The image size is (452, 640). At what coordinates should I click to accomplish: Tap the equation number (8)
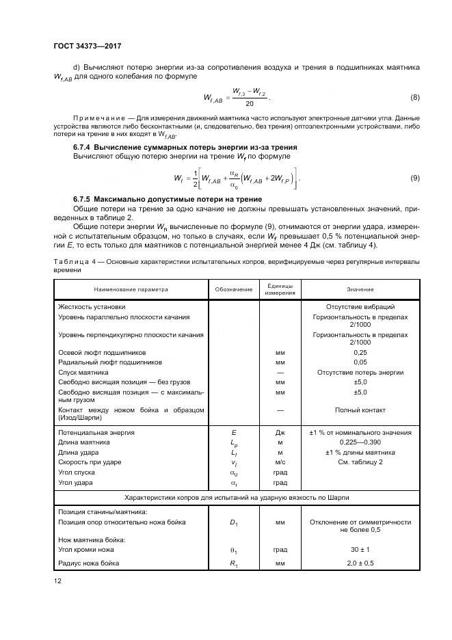tap(414, 97)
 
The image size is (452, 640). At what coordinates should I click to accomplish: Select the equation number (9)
tap(414, 178)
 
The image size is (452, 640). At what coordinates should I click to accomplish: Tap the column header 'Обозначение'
tap(234, 290)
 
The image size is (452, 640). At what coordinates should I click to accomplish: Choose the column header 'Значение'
tap(360, 290)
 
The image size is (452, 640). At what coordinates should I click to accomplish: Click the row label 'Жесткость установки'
tap(92, 307)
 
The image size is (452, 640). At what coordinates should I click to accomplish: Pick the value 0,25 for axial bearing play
tap(360, 352)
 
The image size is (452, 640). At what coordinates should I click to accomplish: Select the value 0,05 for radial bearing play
tap(360, 362)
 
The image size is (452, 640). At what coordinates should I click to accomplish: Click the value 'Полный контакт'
tap(360, 410)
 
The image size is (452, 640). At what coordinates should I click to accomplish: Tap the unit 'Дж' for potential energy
tap(280, 433)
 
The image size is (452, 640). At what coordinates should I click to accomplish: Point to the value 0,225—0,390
tap(360, 442)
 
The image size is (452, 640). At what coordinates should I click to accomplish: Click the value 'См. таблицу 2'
tap(360, 462)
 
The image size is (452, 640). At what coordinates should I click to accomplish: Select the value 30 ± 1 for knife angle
tap(360, 549)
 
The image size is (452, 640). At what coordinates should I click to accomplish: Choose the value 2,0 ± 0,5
tap(360, 563)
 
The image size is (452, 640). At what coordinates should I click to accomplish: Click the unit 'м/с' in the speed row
tap(280, 462)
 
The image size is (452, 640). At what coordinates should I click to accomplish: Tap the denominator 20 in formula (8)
tap(250, 104)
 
